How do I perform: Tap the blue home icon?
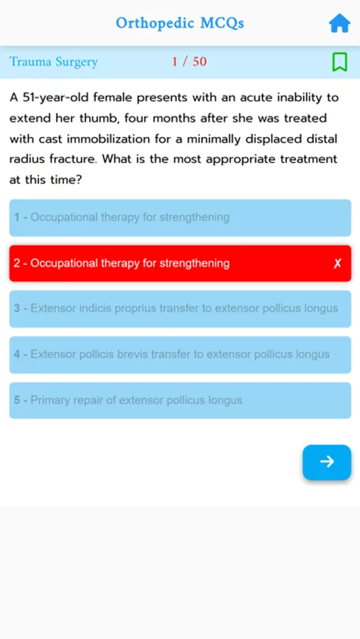339,23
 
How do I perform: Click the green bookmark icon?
339,62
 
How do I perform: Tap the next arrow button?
327,462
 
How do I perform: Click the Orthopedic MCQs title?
180,23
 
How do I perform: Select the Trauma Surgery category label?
53,62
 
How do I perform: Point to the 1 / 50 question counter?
189,62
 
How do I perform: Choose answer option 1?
180,217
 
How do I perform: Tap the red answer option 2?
180,263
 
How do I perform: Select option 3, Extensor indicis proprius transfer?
180,309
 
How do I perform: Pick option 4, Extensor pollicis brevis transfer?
180,354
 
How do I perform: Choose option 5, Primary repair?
180,400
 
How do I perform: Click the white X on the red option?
337,263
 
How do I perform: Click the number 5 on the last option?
17,400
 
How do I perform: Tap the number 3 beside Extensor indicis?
17,309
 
